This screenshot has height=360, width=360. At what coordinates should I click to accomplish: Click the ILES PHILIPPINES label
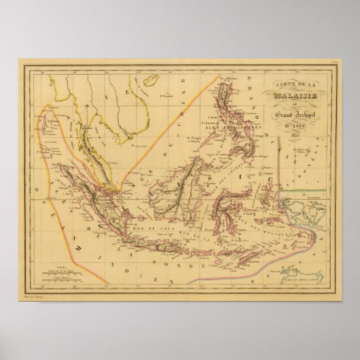tap(206, 125)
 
